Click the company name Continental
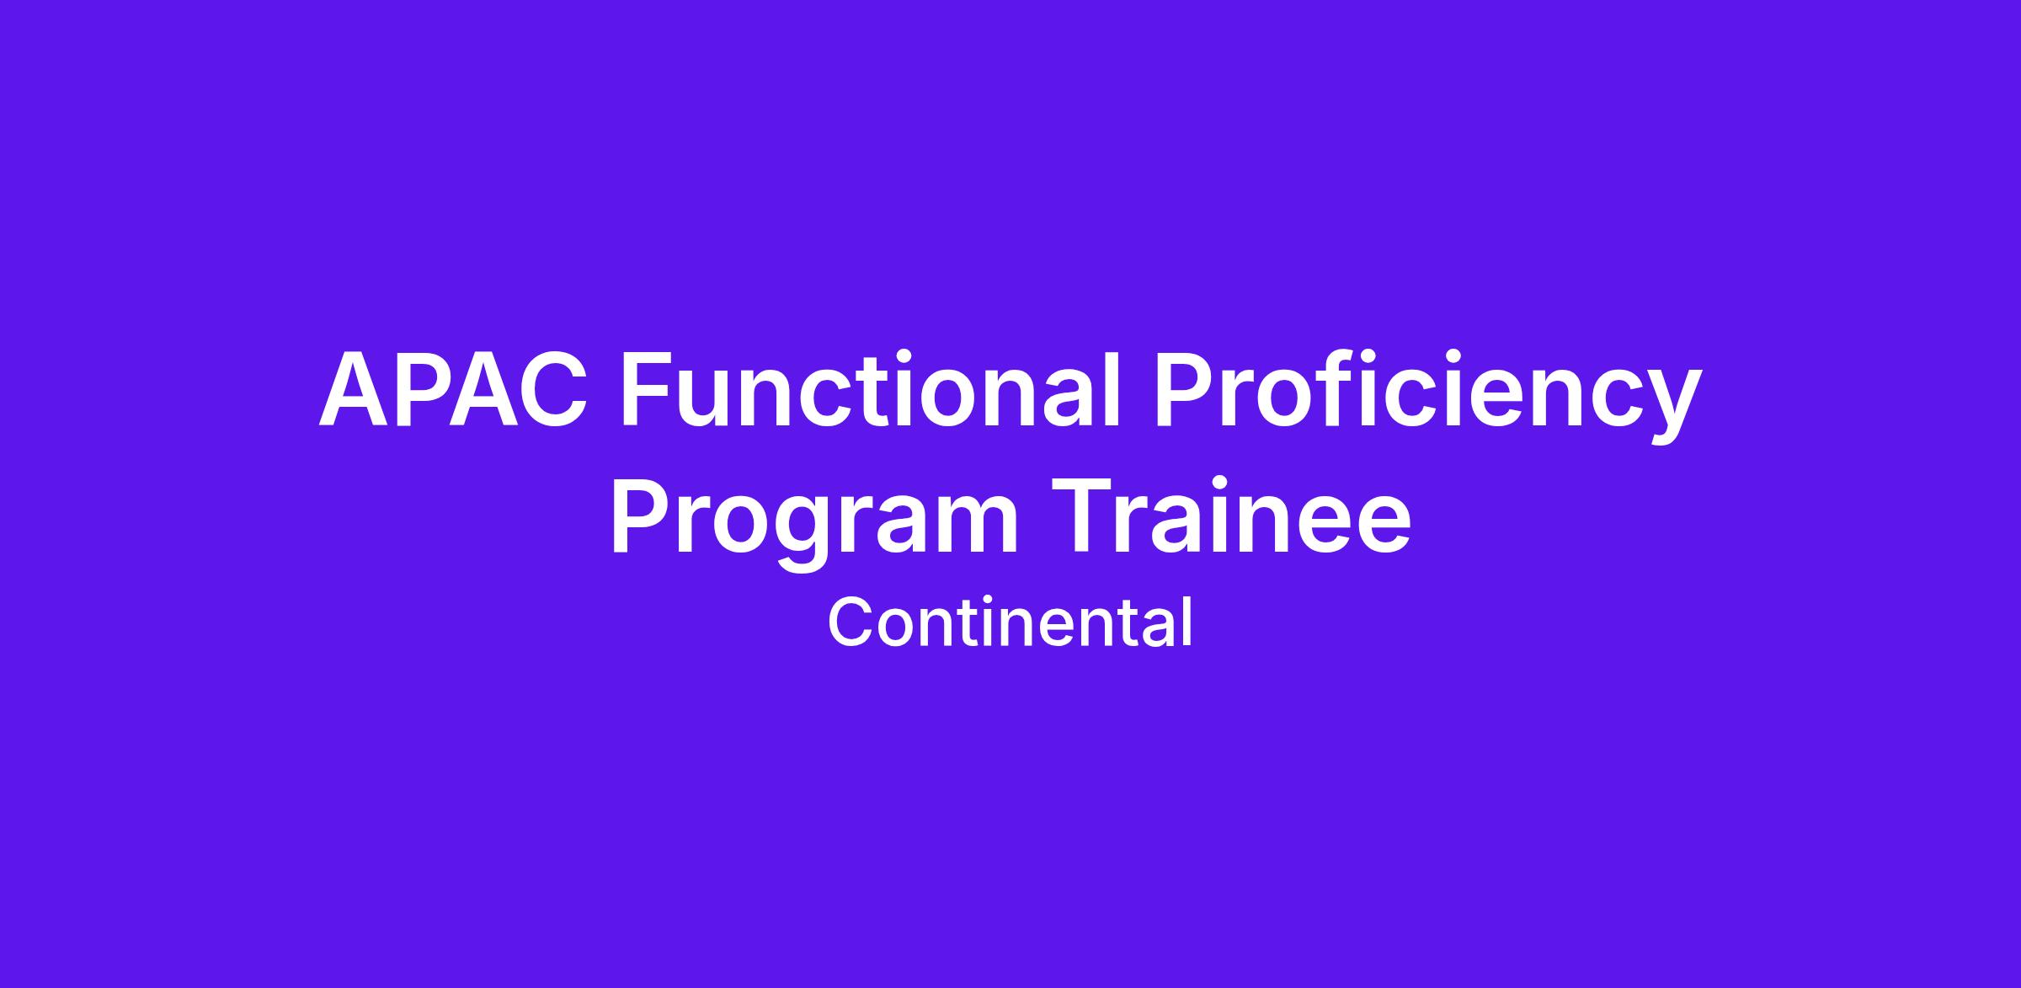click(x=1010, y=622)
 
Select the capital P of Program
click(x=644, y=515)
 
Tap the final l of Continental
click(x=1187, y=622)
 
